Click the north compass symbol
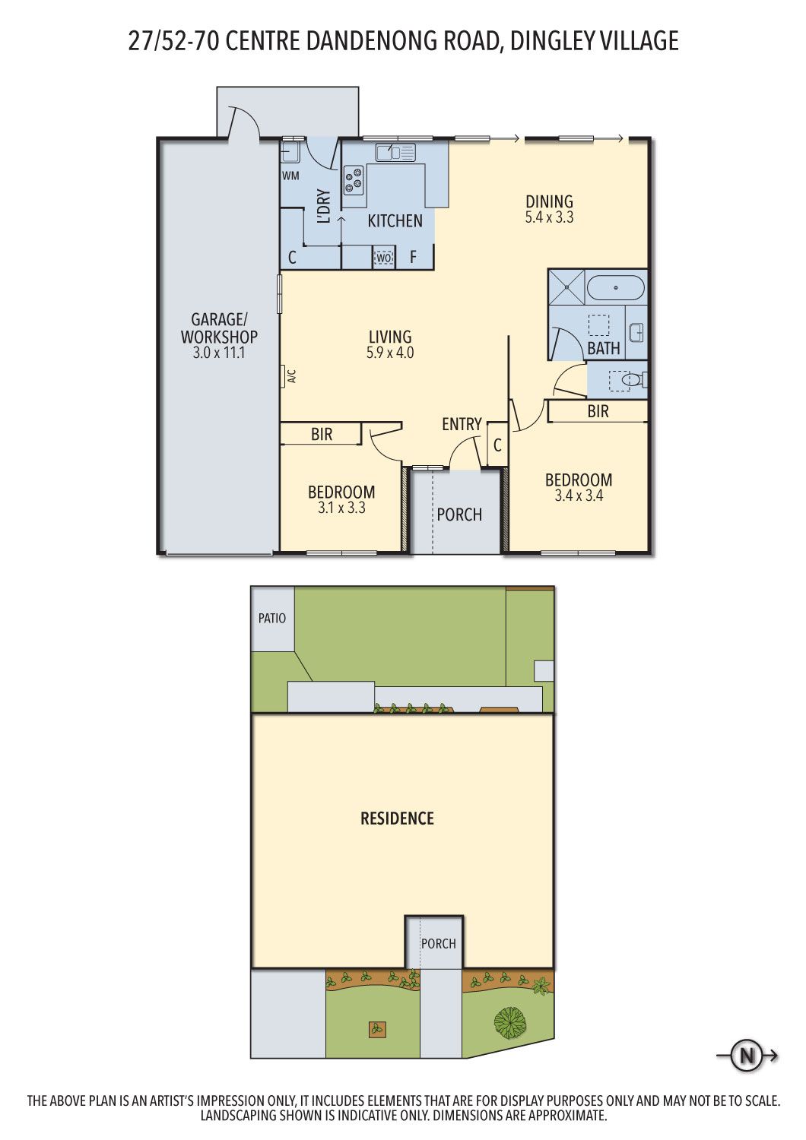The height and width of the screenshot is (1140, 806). [x=747, y=1058]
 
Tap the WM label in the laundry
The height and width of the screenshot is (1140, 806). [x=290, y=176]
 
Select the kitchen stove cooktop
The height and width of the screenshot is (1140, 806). [x=354, y=180]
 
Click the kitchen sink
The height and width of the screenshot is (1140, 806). [x=395, y=152]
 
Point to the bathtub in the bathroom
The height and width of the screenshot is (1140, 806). [x=616, y=288]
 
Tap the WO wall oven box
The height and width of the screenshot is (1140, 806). [x=384, y=258]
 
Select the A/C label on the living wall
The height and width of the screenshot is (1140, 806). [x=292, y=377]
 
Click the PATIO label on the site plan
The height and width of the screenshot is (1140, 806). [x=272, y=619]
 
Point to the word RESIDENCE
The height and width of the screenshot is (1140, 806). [x=397, y=819]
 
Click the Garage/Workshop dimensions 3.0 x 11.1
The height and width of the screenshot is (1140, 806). [x=219, y=353]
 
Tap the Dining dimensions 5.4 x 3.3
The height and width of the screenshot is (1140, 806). [x=550, y=217]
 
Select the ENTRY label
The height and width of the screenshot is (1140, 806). [x=462, y=424]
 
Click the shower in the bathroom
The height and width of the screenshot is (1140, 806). [x=566, y=287]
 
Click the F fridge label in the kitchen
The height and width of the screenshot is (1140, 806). [x=414, y=257]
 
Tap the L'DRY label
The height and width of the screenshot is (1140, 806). [x=324, y=206]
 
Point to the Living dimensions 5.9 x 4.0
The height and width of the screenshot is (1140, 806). [x=390, y=352]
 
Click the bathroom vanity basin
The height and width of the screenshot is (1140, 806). [x=636, y=333]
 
